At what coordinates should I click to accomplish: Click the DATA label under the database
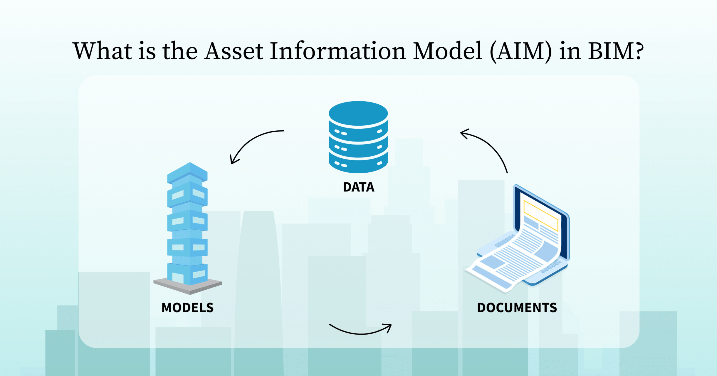pos(358,187)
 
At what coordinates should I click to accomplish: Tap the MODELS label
pos(187,307)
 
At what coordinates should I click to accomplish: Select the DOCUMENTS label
pos(517,307)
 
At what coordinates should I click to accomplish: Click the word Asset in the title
pos(234,51)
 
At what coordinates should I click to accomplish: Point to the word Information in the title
pos(337,51)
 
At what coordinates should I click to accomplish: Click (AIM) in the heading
pos(520,51)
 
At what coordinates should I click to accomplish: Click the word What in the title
pos(102,51)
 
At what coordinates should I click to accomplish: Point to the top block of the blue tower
pos(188,171)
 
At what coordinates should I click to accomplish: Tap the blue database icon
pos(358,137)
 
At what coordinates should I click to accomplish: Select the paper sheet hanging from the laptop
pos(513,263)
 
